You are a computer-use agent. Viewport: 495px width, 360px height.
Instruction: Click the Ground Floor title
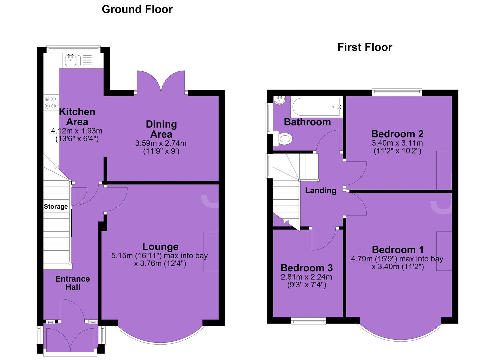(x=137, y=10)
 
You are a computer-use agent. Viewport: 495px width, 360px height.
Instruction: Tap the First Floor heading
(x=365, y=47)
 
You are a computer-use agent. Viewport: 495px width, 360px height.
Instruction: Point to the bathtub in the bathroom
(x=316, y=107)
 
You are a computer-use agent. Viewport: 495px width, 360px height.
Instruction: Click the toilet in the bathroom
(x=283, y=139)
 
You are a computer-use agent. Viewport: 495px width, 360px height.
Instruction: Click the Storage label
(x=56, y=207)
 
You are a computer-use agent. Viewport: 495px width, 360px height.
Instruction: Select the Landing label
(x=321, y=190)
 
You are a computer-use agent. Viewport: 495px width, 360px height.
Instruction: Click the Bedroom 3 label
(x=307, y=268)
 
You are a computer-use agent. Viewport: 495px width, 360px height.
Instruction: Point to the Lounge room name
(x=160, y=247)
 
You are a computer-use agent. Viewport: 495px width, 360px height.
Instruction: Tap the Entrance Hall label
(x=73, y=283)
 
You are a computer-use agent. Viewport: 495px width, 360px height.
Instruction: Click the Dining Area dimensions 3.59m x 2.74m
(x=161, y=143)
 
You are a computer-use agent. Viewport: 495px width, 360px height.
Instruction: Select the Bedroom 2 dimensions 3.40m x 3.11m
(x=397, y=143)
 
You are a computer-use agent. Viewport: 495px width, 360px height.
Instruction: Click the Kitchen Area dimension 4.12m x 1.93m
(x=77, y=131)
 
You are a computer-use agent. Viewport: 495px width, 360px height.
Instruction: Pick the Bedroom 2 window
(x=397, y=92)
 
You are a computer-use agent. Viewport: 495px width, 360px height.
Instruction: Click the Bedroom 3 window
(x=308, y=321)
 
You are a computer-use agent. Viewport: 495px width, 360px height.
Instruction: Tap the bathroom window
(x=269, y=118)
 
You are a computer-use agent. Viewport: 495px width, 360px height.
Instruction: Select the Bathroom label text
(x=307, y=122)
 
